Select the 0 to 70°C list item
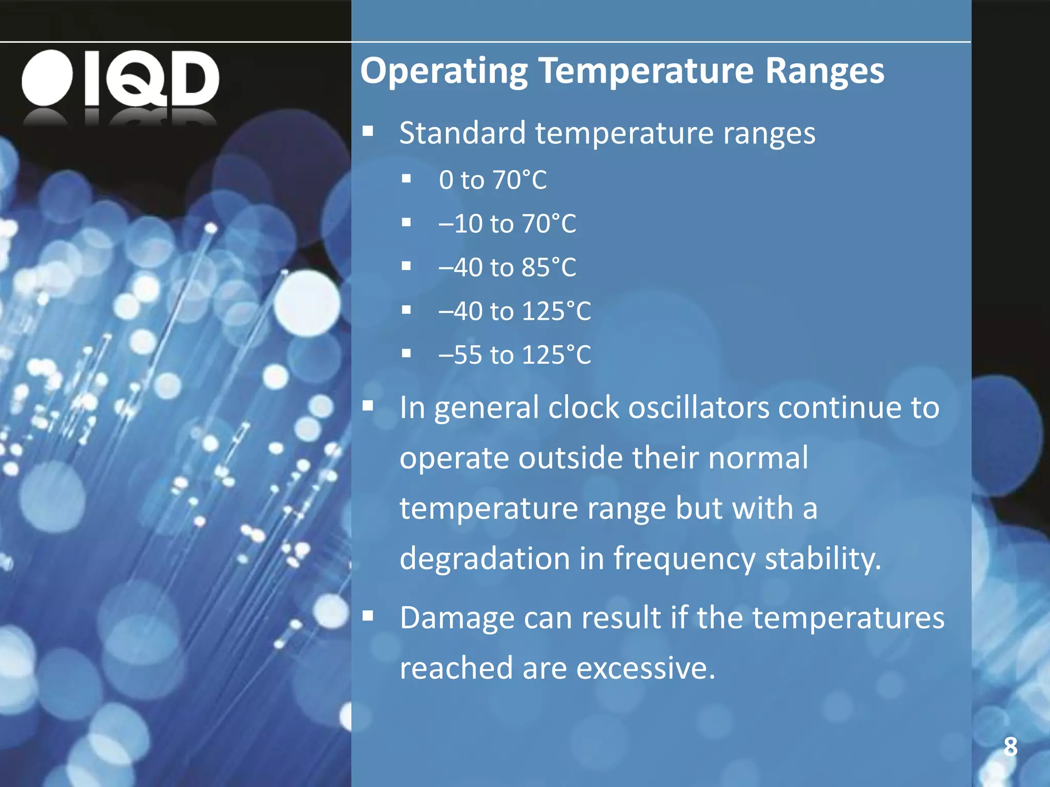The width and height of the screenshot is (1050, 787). tap(493, 180)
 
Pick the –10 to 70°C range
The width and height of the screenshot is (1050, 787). tap(507, 224)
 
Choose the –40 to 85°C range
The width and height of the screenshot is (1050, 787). tap(507, 267)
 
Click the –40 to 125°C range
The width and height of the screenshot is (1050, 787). tap(515, 311)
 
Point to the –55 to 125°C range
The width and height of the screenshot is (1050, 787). tap(515, 355)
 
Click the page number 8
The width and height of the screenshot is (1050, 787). tap(1010, 747)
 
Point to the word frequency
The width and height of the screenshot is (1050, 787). tap(684, 559)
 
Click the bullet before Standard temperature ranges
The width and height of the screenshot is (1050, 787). tap(368, 131)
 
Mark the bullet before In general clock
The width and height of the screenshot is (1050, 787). tap(368, 406)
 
